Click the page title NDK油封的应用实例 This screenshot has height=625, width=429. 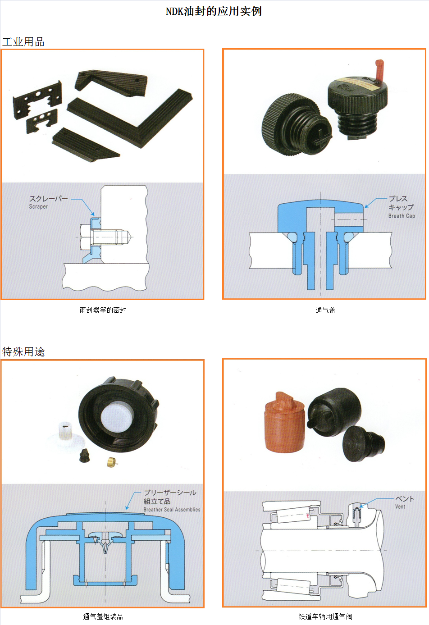[x=214, y=11]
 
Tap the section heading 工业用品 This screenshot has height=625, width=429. [x=23, y=42]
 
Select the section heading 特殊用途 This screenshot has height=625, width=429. [x=23, y=351]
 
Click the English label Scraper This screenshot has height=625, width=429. [x=38, y=206]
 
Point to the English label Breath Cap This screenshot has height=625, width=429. [x=402, y=216]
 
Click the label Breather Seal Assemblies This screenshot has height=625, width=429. [x=172, y=510]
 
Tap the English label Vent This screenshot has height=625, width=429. [x=400, y=506]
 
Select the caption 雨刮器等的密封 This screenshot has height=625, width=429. [x=103, y=310]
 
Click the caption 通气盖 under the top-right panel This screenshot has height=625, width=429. [x=325, y=310]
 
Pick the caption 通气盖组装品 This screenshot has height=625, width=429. [x=103, y=616]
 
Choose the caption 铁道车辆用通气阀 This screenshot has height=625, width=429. [x=325, y=616]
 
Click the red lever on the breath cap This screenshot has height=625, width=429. [x=379, y=69]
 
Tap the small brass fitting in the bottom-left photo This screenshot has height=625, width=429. [x=112, y=462]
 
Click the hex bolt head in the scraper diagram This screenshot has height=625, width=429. [x=85, y=237]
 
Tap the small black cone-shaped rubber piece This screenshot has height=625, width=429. [x=84, y=456]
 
